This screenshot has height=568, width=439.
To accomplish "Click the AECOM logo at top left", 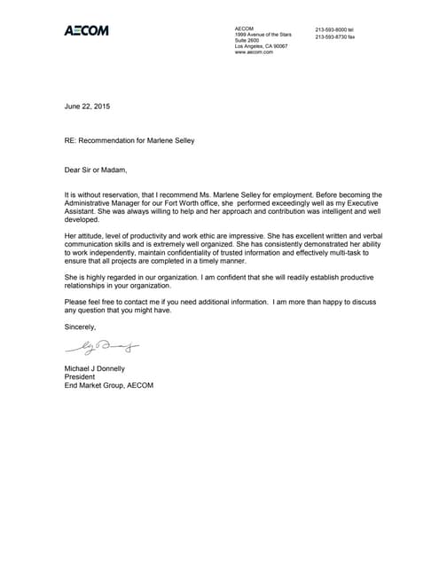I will tap(87, 31).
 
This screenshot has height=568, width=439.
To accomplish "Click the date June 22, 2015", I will tap(88, 106).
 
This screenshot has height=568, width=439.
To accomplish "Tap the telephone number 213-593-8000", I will tap(333, 29).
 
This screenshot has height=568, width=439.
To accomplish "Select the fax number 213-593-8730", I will tap(333, 36).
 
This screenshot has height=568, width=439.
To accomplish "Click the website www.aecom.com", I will tap(254, 52).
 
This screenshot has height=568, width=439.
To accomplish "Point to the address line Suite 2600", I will tap(247, 40).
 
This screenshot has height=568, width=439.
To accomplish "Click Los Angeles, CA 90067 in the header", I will tap(261, 46).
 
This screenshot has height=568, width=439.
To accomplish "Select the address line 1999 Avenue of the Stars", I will tap(263, 35).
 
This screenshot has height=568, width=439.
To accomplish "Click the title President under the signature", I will tap(82, 376).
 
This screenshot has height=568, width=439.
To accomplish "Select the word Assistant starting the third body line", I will tap(82, 212).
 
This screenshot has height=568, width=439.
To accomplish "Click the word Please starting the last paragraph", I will tap(78, 302).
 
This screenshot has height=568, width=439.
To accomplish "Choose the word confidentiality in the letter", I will tap(184, 252).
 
